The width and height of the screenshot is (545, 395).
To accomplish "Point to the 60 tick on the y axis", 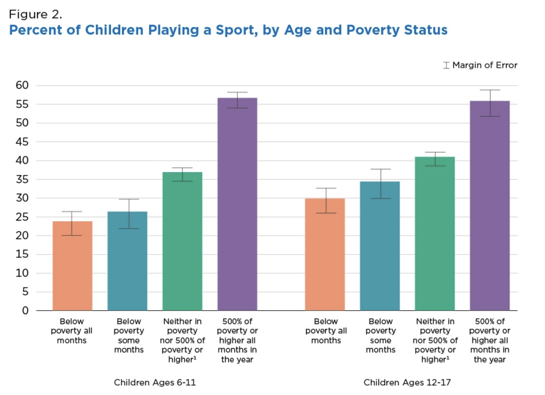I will pyautogui.click(x=22, y=85).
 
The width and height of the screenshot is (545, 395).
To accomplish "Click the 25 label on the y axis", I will pyautogui.click(x=22, y=217).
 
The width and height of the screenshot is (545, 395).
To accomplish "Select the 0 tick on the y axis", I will pyautogui.click(x=25, y=310).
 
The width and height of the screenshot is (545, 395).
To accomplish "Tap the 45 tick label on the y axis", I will pyautogui.click(x=22, y=142).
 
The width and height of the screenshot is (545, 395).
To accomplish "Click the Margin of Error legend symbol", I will pyautogui.click(x=446, y=65).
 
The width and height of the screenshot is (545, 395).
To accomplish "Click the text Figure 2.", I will pyautogui.click(x=35, y=15).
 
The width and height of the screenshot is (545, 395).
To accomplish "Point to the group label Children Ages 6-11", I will pyautogui.click(x=155, y=382).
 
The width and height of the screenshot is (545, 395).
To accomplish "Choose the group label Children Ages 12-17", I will pyautogui.click(x=407, y=382).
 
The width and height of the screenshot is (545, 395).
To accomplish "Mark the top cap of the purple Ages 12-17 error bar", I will pyautogui.click(x=490, y=90).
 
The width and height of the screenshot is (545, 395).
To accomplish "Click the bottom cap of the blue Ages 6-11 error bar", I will pyautogui.click(x=129, y=228).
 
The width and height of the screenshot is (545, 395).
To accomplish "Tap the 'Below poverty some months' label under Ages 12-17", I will pyautogui.click(x=380, y=335).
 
